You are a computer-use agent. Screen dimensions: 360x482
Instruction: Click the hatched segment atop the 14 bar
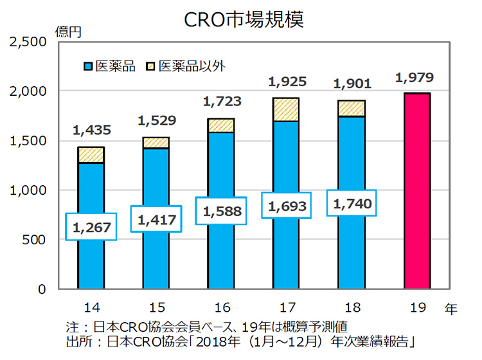point(91,155)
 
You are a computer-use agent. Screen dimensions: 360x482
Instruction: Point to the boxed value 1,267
point(91,226)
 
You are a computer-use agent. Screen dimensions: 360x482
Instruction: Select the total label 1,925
point(287,83)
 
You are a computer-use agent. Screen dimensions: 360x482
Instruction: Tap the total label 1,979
point(415,78)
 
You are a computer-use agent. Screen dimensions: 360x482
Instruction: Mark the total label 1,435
point(88,131)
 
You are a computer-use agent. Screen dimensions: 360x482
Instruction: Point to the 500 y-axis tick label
point(36,240)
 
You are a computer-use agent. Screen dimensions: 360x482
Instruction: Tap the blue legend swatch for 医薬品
point(88,66)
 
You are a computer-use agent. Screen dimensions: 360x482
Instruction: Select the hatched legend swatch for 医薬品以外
point(151,66)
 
